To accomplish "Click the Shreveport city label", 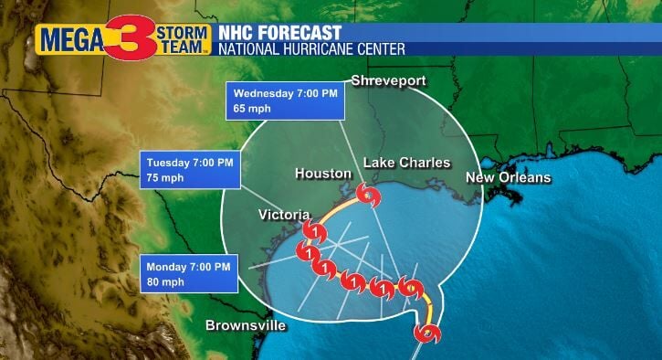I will pyautogui.click(x=389, y=81).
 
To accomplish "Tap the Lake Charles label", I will pyautogui.click(x=407, y=163).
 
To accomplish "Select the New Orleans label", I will pyautogui.click(x=508, y=177).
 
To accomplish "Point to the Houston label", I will pyautogui.click(x=323, y=173).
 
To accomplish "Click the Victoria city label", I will pyautogui.click(x=284, y=215).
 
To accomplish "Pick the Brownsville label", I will pyautogui.click(x=246, y=325).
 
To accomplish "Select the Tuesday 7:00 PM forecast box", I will pyautogui.click(x=192, y=170).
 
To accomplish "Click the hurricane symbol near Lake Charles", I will pyautogui.click(x=368, y=196).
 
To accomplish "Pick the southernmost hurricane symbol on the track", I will pyautogui.click(x=426, y=333).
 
